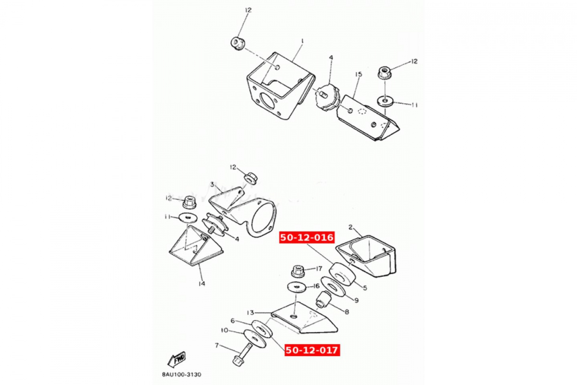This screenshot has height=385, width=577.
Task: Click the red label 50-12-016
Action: [307, 237]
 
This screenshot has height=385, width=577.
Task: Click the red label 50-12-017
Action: [312, 350]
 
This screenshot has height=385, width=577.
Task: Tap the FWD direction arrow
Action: [177, 359]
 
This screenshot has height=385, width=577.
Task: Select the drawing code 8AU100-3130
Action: [182, 374]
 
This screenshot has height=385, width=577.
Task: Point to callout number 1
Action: [302, 41]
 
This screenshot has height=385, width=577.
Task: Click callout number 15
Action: [358, 74]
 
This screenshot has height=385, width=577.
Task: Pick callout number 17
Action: [319, 269]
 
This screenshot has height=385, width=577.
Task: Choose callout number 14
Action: [201, 283]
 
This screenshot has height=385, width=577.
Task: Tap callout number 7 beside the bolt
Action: [217, 345]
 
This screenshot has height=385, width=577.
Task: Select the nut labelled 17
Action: [298, 271]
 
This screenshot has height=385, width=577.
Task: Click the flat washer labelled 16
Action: [297, 287]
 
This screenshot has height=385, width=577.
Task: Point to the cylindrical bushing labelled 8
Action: [324, 299]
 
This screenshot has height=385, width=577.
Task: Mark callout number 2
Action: [351, 227]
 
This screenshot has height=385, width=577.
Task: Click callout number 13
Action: [251, 312]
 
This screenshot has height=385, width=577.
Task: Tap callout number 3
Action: [212, 184]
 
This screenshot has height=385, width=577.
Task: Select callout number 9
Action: [356, 300]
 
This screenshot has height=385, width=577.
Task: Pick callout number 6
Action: [233, 321]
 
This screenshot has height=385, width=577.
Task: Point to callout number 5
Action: [365, 288]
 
